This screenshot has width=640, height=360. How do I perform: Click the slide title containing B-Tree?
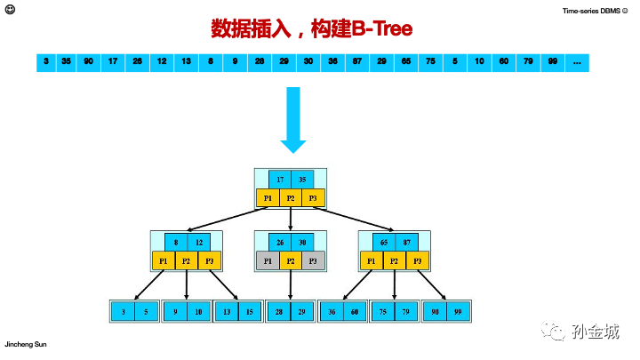pos(312,29)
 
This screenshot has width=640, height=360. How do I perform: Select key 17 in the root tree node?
pos(280,179)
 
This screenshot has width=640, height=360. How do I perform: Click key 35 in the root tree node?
pos(303,179)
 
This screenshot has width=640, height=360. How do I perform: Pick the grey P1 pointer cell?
pos(268,260)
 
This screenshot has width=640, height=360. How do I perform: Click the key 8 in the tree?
pos(176,241)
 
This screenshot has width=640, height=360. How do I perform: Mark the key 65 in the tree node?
pos(384,241)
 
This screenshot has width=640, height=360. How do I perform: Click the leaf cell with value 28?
pos(279,311)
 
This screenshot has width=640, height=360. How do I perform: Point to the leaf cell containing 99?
pos(458,311)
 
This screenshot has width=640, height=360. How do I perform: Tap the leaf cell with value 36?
pos(332,311)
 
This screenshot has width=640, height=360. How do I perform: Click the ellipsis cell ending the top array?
pos(577,62)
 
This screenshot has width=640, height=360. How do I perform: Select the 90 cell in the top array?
pos(88,62)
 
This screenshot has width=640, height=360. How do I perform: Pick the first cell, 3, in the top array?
pos(45,62)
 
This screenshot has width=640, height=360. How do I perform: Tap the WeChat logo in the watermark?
pos(557,331)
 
